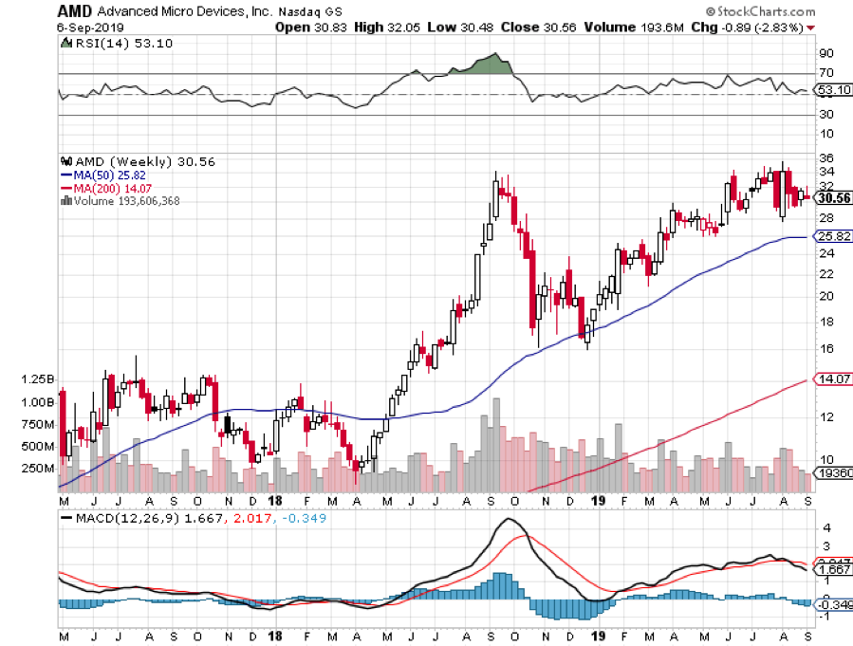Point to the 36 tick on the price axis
click(825, 157)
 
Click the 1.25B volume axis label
click(37, 378)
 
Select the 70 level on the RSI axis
click(825, 73)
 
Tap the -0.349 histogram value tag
click(832, 604)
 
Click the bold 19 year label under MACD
click(598, 634)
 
